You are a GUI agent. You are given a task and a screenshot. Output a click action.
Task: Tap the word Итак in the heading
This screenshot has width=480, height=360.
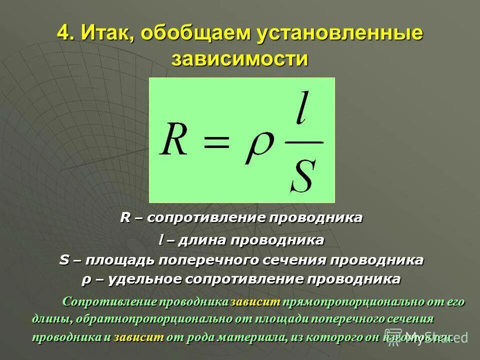pos(103,35)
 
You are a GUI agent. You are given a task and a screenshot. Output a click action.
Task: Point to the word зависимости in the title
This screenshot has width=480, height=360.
pos(239,59)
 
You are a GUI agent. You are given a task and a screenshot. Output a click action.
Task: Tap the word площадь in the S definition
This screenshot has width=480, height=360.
pos(119,260)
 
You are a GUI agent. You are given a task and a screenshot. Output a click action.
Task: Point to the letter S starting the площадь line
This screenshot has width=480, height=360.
pos(63,260)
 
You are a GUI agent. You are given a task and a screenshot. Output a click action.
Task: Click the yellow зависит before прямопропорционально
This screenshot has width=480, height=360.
pos(255,302)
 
